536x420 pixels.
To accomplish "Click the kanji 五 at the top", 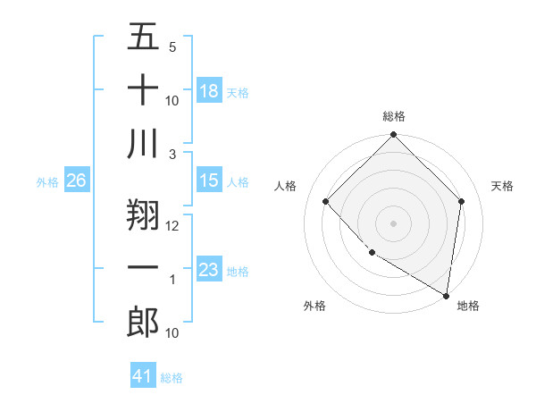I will click(143, 38).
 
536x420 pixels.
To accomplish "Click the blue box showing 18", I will click(209, 91).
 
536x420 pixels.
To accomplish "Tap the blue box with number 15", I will click(209, 181).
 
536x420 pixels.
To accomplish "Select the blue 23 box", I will click(209, 270).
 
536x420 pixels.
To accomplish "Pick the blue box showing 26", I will click(76, 181).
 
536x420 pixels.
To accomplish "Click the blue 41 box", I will click(143, 376).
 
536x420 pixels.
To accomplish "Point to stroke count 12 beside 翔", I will click(173, 225).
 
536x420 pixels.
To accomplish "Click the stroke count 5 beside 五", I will click(172, 46).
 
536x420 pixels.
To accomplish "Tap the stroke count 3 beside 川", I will click(173, 154).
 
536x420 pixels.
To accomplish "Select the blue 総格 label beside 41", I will click(172, 378).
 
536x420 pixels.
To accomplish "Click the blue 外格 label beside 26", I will click(47, 182).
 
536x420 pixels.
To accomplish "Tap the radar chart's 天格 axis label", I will click(503, 186).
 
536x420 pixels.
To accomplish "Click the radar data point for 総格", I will click(393, 136).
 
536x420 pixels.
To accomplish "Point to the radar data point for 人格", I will click(326, 201).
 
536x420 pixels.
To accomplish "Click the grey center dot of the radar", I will click(393, 223).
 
